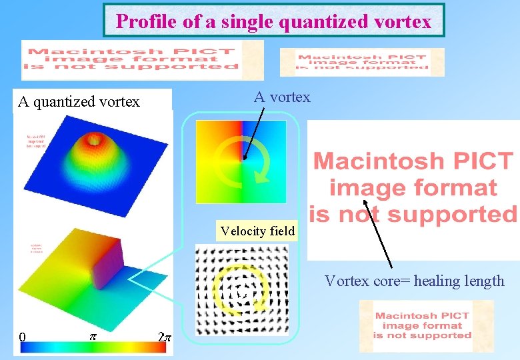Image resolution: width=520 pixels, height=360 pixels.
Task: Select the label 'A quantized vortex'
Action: click(79, 101)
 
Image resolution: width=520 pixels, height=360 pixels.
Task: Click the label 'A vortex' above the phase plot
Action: click(282, 97)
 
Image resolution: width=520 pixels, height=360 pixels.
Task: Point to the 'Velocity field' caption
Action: click(257, 231)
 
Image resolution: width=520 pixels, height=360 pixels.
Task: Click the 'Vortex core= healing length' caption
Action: click(414, 281)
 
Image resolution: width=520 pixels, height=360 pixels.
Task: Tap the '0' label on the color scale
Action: click(22, 337)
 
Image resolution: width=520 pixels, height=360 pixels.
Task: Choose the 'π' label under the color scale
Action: click(93, 337)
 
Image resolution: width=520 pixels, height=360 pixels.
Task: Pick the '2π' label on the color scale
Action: click(165, 337)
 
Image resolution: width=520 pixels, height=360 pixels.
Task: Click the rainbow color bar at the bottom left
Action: click(93, 347)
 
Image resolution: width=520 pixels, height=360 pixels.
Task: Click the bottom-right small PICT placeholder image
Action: click(423, 325)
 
